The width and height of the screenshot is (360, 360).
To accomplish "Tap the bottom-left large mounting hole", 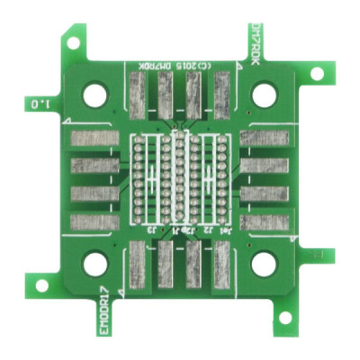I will click(94, 264).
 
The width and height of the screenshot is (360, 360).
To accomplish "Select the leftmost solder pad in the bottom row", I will click(139, 267).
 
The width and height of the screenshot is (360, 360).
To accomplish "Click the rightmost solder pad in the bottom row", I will click(220, 267).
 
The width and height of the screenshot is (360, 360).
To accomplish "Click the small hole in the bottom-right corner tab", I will click(286, 317).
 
